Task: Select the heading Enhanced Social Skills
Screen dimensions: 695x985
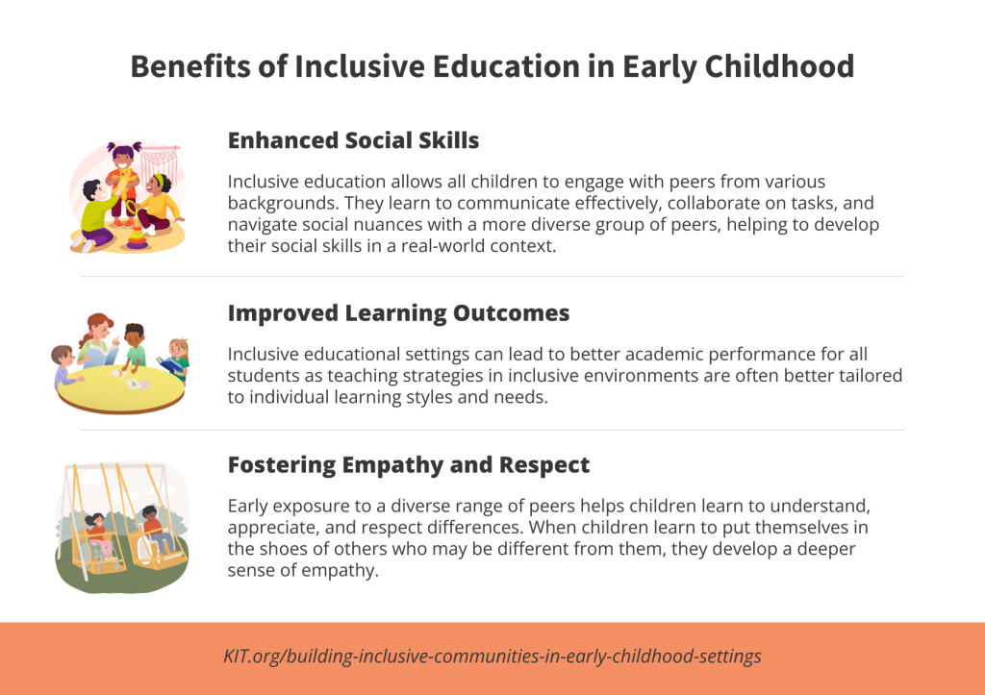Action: [x=353, y=140]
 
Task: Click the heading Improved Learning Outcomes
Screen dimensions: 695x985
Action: [x=398, y=313]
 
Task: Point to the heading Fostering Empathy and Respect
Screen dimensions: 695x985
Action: [x=409, y=465]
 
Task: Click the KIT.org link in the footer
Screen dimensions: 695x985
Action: [x=492, y=657]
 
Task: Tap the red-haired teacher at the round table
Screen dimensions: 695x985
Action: [x=99, y=336]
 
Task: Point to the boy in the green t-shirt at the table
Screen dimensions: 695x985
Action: [x=134, y=346]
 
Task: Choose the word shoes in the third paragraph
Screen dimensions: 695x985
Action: [x=286, y=547]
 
